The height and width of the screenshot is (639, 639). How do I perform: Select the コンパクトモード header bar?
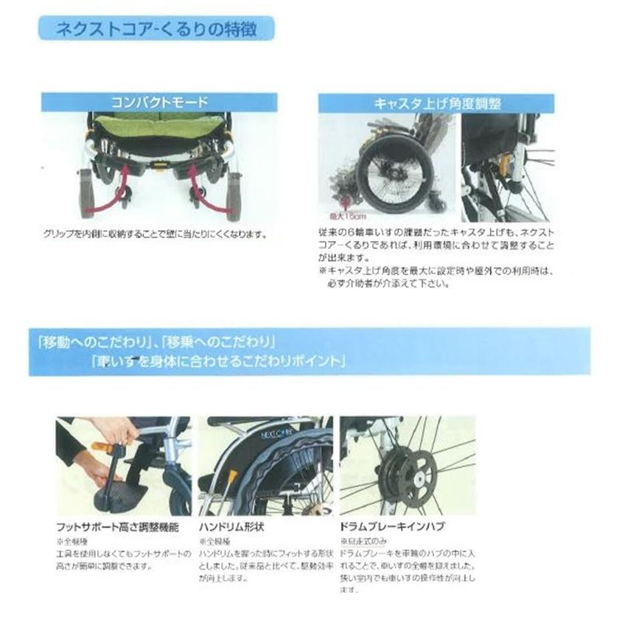pyautogui.click(x=159, y=102)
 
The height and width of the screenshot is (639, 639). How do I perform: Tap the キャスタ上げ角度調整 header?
pyautogui.click(x=435, y=103)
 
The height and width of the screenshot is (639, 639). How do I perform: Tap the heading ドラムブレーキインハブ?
pyautogui.click(x=391, y=527)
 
